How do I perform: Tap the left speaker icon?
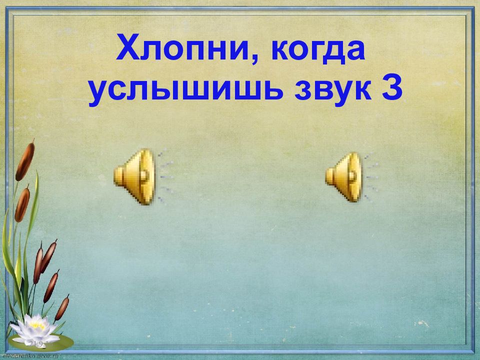[x=135, y=176]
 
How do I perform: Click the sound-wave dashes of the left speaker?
[x=165, y=176]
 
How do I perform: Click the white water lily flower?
[x=35, y=328]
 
